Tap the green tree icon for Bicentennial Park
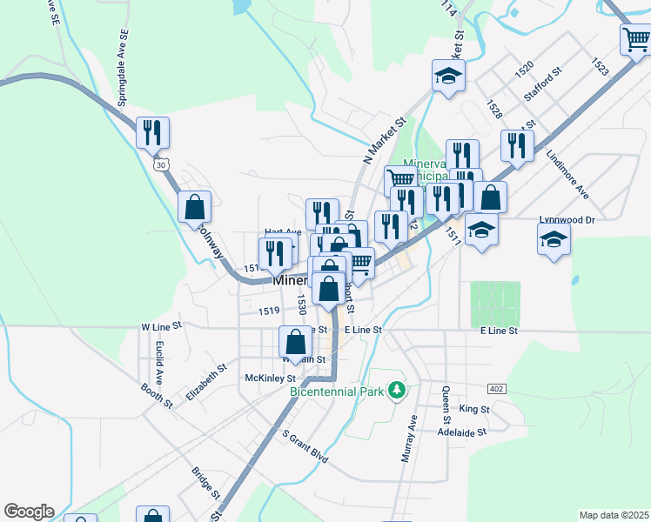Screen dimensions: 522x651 (398, 389)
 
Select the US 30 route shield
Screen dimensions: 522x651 (158, 164)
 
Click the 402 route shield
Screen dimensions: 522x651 (497, 388)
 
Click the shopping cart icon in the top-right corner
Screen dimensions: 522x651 (635, 39)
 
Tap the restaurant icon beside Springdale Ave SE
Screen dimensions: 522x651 (152, 132)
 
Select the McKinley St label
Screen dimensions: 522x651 (271, 378)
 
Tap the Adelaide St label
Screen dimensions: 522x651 (461, 431)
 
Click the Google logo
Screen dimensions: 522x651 (29, 512)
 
